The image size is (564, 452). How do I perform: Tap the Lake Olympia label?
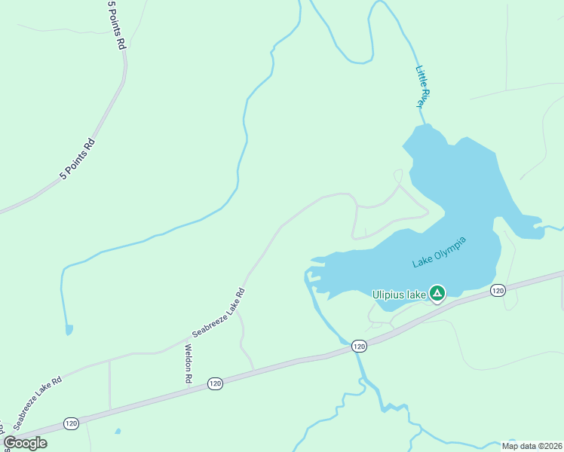440,252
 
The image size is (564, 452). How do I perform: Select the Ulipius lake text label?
400,295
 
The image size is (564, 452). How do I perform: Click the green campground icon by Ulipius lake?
437,293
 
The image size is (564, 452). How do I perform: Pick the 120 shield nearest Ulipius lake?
498,290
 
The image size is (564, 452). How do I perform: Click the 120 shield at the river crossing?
359,346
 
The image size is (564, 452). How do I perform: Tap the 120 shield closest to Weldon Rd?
216,383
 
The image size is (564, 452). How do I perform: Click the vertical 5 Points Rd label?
115,25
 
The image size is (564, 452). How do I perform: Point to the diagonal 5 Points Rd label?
78,160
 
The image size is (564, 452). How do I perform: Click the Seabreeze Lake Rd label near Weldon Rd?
219,313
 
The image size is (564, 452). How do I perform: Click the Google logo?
25,443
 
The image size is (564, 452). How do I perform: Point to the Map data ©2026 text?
532,446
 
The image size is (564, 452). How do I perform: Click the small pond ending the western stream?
69,329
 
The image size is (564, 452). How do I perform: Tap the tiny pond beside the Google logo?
118,432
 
